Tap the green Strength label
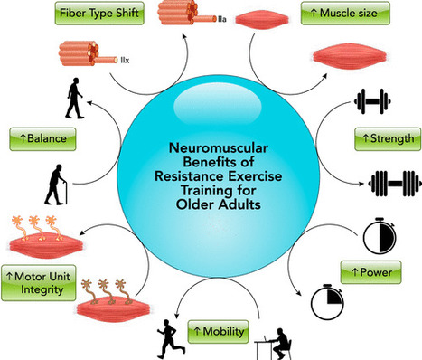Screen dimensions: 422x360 [x=386, y=138]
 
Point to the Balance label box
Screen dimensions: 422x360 [x=41, y=138]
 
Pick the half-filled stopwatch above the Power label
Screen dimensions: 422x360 [x=377, y=233]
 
